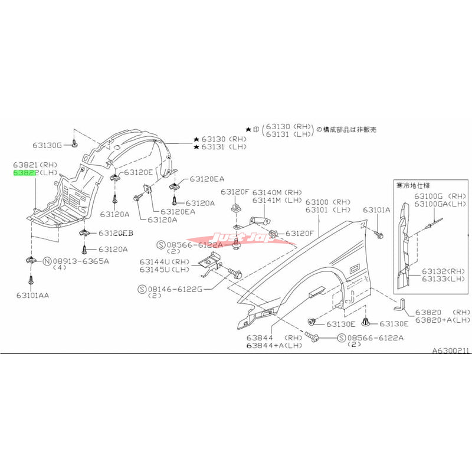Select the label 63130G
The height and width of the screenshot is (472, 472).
click(47, 145)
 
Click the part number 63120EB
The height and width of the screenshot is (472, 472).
click(116, 234)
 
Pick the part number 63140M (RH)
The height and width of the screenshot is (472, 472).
click(277, 192)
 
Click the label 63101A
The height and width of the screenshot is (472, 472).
click(376, 209)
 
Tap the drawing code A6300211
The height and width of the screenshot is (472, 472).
click(451, 350)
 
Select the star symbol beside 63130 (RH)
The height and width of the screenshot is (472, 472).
click(196, 139)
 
